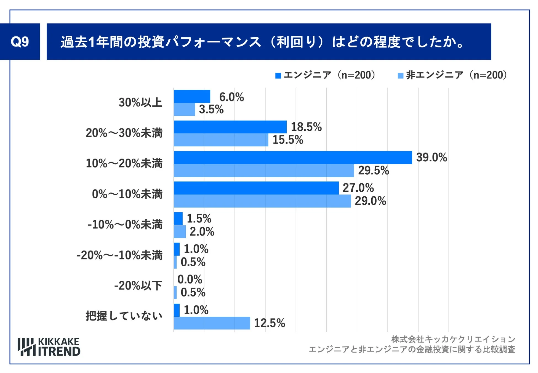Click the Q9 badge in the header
coord(20,42)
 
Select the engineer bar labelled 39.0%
coord(292,157)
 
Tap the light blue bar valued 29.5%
coord(263,170)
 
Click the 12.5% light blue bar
coord(212,323)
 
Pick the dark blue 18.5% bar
coord(230,127)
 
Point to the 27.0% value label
coord(358,188)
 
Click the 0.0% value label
coord(190,279)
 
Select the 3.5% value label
coord(211,109)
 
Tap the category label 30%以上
coord(140,103)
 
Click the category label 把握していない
coord(124,316)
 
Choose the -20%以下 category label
coord(138,285)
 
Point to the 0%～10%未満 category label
coord(127,194)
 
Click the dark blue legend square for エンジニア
coord(278,75)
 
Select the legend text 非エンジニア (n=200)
coord(457,75)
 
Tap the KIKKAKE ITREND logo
coord(49,347)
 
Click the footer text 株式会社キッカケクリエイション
coord(453,339)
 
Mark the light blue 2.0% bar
coord(180,232)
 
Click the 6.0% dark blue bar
coord(192,96)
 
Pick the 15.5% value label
coord(288,140)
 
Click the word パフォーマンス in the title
coord(212,42)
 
